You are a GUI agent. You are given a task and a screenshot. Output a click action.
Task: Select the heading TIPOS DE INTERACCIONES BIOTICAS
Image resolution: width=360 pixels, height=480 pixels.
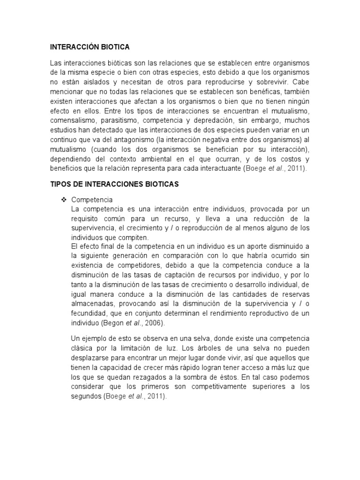pyautogui.click(x=114, y=185)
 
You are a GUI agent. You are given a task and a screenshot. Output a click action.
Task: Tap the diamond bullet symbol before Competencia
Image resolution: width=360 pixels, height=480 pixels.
pyautogui.click(x=64, y=200)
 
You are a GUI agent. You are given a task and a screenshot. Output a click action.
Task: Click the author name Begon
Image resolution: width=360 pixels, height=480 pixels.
pyautogui.click(x=112, y=323)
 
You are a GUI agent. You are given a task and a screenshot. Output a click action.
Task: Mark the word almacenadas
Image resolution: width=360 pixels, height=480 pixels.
pyautogui.click(x=92, y=304)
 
